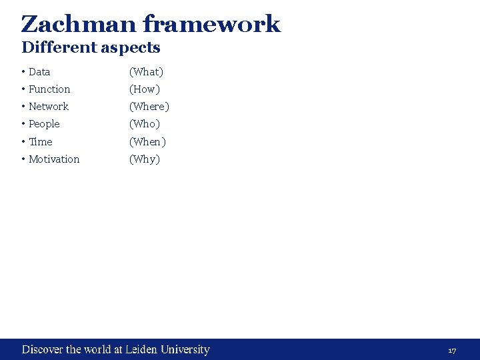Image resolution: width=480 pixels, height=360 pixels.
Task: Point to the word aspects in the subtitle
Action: tap(130, 48)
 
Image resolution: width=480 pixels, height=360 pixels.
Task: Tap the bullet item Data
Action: tap(39, 72)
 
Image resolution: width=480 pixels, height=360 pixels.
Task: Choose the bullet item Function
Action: tap(49, 89)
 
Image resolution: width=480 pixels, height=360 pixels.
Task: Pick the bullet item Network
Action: tap(49, 107)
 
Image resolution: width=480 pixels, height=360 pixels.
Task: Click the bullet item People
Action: tap(44, 124)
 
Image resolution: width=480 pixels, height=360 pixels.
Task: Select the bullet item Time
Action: tap(41, 142)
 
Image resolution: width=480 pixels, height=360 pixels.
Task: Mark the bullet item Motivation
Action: tap(54, 159)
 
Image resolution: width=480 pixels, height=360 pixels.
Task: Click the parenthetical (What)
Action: tap(146, 72)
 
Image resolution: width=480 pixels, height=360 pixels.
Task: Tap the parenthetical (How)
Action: tap(145, 89)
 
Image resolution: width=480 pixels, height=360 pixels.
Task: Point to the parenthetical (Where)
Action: tap(149, 107)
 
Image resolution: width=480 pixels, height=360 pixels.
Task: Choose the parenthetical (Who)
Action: tap(145, 124)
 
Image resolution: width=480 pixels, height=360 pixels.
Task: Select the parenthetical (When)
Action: tap(147, 142)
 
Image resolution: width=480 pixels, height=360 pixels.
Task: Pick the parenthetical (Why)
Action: tap(145, 159)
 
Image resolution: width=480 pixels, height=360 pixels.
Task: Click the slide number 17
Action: tap(452, 351)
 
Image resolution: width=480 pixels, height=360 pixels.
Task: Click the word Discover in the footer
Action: tap(43, 349)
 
